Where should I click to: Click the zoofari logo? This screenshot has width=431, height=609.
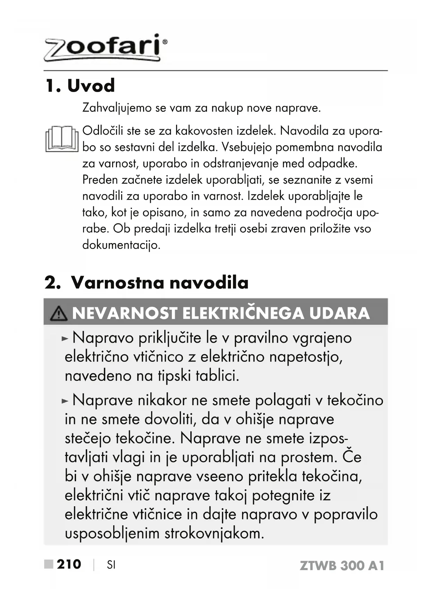click(x=104, y=48)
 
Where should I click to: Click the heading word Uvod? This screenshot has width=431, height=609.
click(x=91, y=85)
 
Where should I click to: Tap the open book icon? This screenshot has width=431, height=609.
click(x=62, y=139)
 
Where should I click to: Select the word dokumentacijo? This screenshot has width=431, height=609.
click(x=121, y=245)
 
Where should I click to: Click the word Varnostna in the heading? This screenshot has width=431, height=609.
click(x=117, y=283)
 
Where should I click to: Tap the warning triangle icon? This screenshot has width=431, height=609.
click(x=59, y=314)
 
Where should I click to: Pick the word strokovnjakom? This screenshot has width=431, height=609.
click(x=214, y=533)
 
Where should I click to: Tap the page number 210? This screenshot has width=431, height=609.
click(x=69, y=565)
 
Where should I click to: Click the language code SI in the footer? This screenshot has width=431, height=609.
click(x=111, y=565)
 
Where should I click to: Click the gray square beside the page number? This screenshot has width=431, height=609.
click(x=49, y=565)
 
